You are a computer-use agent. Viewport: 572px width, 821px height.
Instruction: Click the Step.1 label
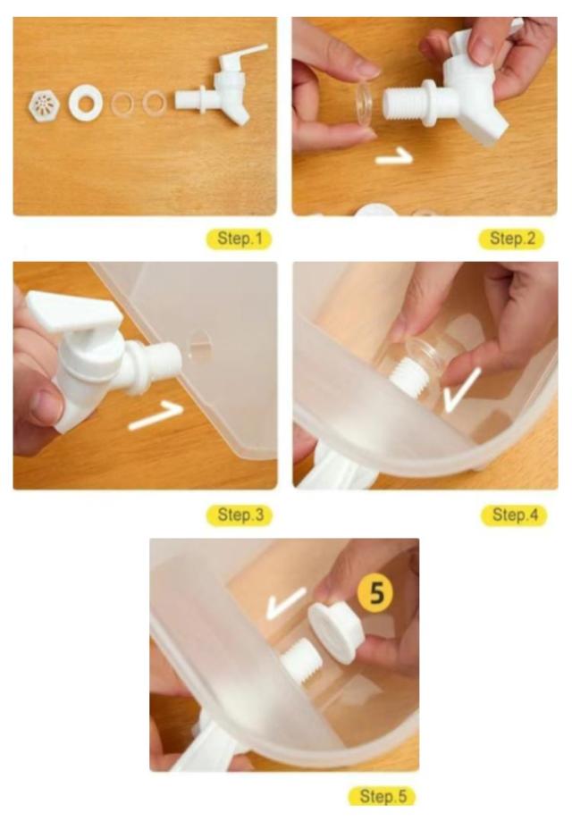[x=239, y=239]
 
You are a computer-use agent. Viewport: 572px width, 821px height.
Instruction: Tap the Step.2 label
[x=512, y=239]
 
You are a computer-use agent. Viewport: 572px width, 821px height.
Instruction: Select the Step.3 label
[x=240, y=515]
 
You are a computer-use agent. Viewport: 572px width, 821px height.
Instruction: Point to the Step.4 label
[x=514, y=515]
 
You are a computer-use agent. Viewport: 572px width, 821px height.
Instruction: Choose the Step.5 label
[x=382, y=796]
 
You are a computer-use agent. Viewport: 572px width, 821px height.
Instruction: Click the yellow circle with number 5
[x=376, y=593]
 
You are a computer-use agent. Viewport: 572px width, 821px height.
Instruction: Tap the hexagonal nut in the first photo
[x=44, y=105]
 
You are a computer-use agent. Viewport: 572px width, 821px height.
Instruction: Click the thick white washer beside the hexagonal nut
[x=85, y=103]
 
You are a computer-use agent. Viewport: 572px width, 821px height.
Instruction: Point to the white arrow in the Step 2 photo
[x=394, y=155]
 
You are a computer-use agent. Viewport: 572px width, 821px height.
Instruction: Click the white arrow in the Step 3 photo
[x=156, y=415]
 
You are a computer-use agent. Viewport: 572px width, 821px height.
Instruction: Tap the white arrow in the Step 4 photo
[x=461, y=389]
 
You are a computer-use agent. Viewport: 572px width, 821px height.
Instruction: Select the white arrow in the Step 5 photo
[x=285, y=603]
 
